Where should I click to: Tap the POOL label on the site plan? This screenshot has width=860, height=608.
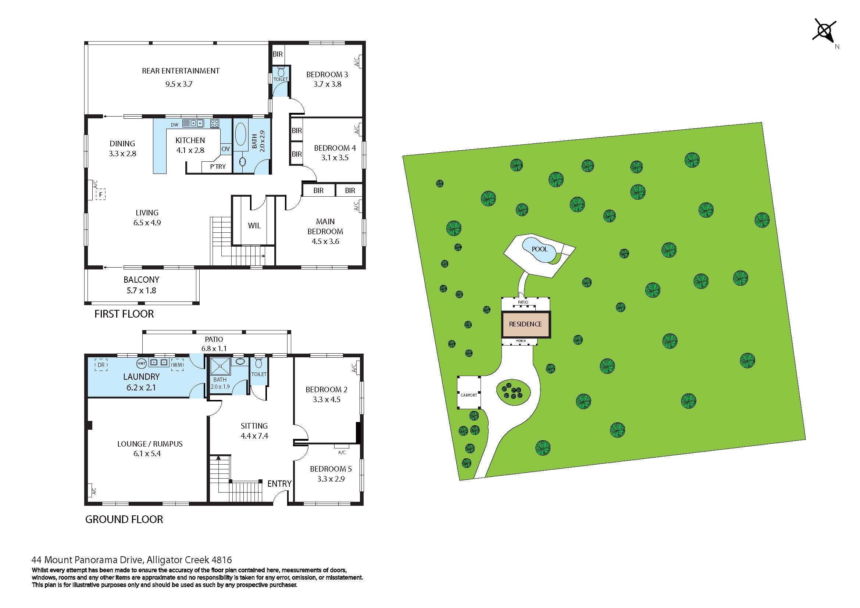tap(539, 249)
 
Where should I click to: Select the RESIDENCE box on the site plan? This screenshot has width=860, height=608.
tap(525, 324)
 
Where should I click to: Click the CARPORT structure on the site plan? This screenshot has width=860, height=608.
tap(468, 395)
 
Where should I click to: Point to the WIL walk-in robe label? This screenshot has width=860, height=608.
tap(254, 226)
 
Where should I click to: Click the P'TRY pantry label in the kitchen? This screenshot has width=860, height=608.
tap(218, 167)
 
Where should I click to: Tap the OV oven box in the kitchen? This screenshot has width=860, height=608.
tap(225, 149)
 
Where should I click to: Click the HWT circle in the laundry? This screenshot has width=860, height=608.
tap(141, 363)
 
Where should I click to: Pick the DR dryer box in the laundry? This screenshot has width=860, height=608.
tap(101, 365)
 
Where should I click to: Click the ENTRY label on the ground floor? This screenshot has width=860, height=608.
tap(279, 484)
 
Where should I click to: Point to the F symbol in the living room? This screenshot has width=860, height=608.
tap(100, 195)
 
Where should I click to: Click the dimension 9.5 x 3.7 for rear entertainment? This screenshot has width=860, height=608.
tap(179, 84)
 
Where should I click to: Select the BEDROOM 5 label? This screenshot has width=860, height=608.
tap(331, 469)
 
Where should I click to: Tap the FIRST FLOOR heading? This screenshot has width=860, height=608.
tap(124, 314)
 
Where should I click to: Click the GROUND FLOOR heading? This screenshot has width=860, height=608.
tap(124, 520)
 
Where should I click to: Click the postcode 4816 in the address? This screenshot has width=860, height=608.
tap(222, 560)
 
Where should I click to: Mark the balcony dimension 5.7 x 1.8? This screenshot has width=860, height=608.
tap(141, 290)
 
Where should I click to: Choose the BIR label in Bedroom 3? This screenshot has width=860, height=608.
tap(278, 54)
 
